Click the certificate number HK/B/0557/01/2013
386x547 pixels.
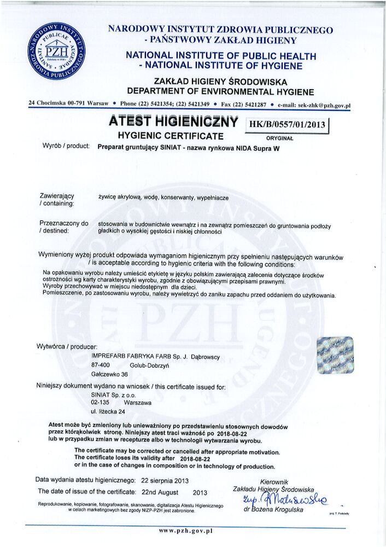(287, 125)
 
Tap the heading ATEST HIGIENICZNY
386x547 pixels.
(173, 121)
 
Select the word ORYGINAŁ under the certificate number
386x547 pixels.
(280, 138)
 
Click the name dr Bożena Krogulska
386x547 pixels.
(273, 509)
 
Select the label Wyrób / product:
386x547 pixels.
(66, 147)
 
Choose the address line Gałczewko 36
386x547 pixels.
(109, 374)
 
